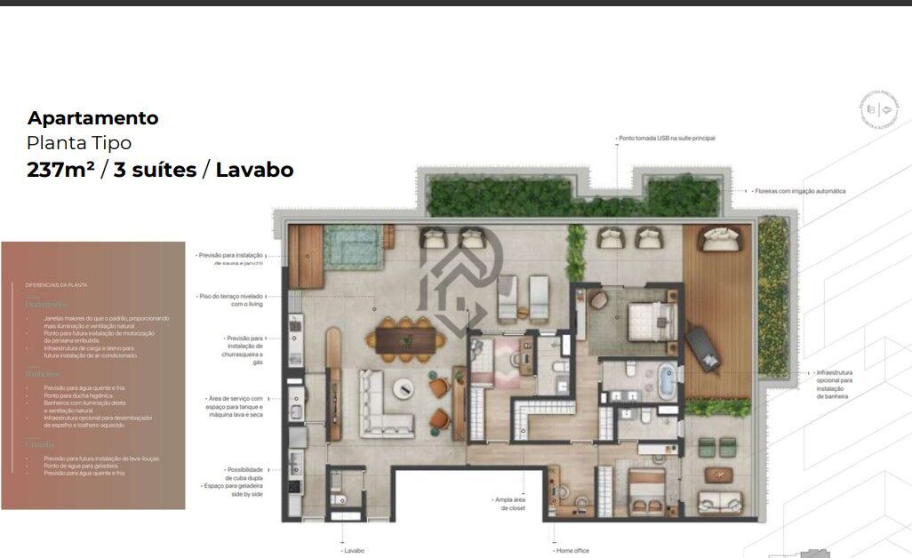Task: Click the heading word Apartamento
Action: pyautogui.click(x=92, y=118)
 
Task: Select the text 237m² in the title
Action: pyautogui.click(x=61, y=169)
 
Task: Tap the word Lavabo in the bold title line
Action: pyautogui.click(x=254, y=169)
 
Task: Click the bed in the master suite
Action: pyautogui.click(x=652, y=318)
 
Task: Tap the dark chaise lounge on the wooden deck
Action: pyautogui.click(x=707, y=347)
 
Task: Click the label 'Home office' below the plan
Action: pyautogui.click(x=572, y=551)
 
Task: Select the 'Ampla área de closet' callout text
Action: pyautogui.click(x=510, y=504)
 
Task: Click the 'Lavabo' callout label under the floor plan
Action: pyautogui.click(x=354, y=551)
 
